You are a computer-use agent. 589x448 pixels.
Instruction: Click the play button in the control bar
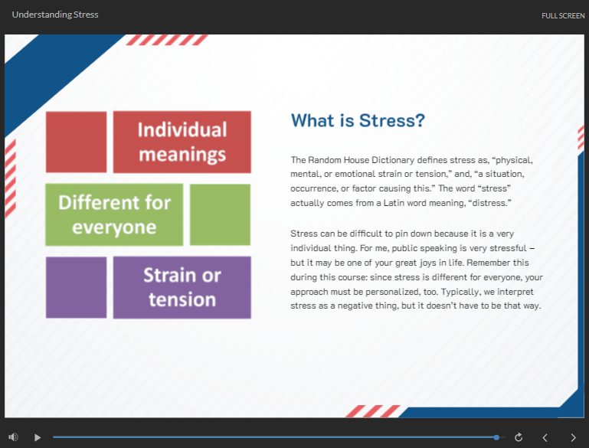(x=38, y=437)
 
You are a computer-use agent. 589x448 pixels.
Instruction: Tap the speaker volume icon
(x=13, y=437)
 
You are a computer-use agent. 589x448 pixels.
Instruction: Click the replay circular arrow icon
(x=519, y=437)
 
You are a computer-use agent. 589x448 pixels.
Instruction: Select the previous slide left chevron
(x=545, y=437)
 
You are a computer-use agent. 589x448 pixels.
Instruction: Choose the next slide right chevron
(x=573, y=437)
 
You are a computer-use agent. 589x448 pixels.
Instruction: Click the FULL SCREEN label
(x=563, y=16)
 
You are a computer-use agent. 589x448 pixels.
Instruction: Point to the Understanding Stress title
(x=55, y=15)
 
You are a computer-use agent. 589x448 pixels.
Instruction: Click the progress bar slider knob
(x=496, y=437)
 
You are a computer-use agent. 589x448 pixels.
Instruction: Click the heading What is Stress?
(x=358, y=120)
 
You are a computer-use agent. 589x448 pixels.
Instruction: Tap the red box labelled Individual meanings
(x=182, y=142)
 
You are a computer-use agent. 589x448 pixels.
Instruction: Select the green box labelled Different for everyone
(x=114, y=214)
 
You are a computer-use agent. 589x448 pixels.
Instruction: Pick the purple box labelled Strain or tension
(x=182, y=288)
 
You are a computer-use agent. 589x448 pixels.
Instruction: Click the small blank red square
(x=77, y=142)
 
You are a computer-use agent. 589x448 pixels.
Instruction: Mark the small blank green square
(x=220, y=214)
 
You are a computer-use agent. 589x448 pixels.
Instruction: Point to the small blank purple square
(x=77, y=288)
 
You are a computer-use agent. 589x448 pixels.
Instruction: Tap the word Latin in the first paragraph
(x=394, y=203)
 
